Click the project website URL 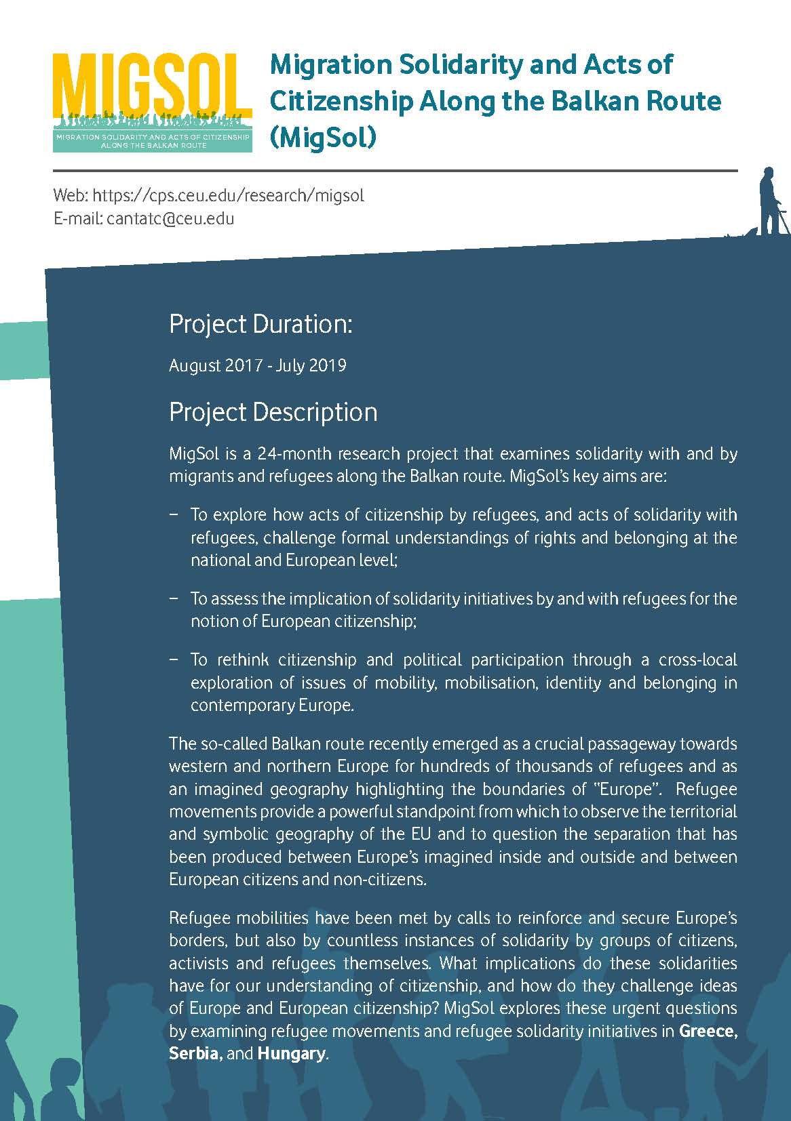[x=228, y=196]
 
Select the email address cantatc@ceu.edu [x=170, y=219]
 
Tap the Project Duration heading [x=261, y=324]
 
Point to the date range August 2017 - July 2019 [x=257, y=366]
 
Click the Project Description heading [x=273, y=412]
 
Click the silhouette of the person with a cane [x=770, y=202]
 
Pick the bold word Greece [x=708, y=1031]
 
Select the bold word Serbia [x=195, y=1054]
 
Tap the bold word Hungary [x=292, y=1054]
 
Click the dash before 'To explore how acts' [x=174, y=514]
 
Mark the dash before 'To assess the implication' [x=174, y=598]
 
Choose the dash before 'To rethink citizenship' [x=174, y=659]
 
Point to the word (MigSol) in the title [x=322, y=138]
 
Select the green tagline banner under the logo [x=153, y=141]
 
